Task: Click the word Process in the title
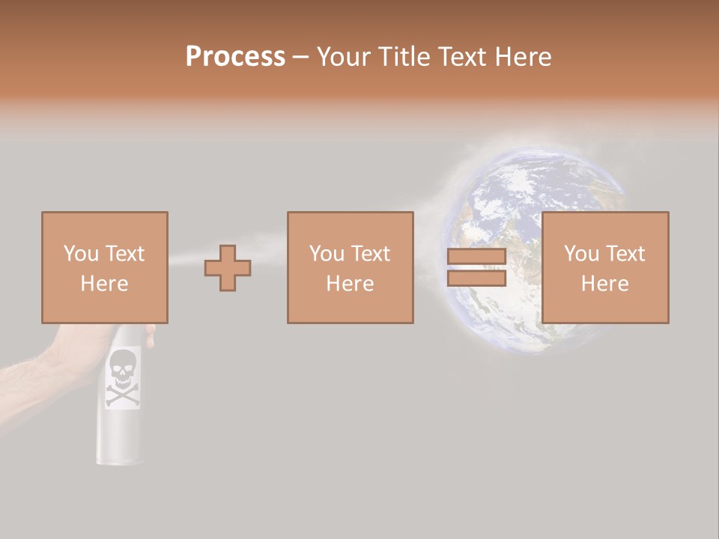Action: click(235, 57)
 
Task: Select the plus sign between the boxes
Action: click(228, 267)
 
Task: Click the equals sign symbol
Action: click(476, 267)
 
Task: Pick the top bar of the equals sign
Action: click(476, 257)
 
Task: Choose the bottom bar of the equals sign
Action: click(476, 278)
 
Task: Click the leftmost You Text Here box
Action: click(104, 267)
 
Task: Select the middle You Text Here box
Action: click(350, 267)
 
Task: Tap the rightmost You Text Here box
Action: click(604, 267)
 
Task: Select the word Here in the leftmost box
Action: click(104, 284)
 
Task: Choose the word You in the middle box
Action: click(327, 254)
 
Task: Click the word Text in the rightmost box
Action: click(625, 254)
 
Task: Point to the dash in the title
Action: click(300, 57)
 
